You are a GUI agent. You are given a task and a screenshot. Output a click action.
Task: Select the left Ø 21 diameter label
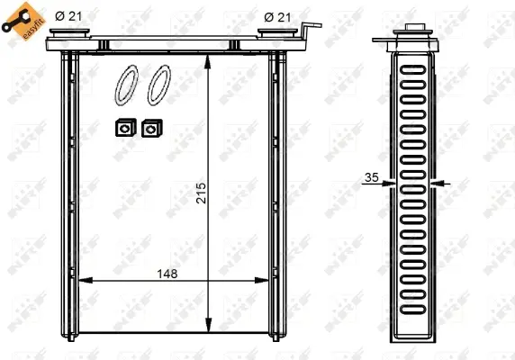(x=68, y=15)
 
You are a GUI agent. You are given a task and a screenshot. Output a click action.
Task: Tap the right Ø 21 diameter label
(x=278, y=15)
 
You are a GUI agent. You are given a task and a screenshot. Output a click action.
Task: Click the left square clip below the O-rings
(x=122, y=129)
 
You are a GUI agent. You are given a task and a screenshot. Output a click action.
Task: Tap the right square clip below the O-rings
(x=149, y=129)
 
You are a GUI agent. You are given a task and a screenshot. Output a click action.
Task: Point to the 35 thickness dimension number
(x=371, y=177)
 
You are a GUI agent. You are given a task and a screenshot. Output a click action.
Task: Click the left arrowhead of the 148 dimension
(x=84, y=282)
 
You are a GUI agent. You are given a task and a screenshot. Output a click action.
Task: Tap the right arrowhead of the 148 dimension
(x=267, y=282)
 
